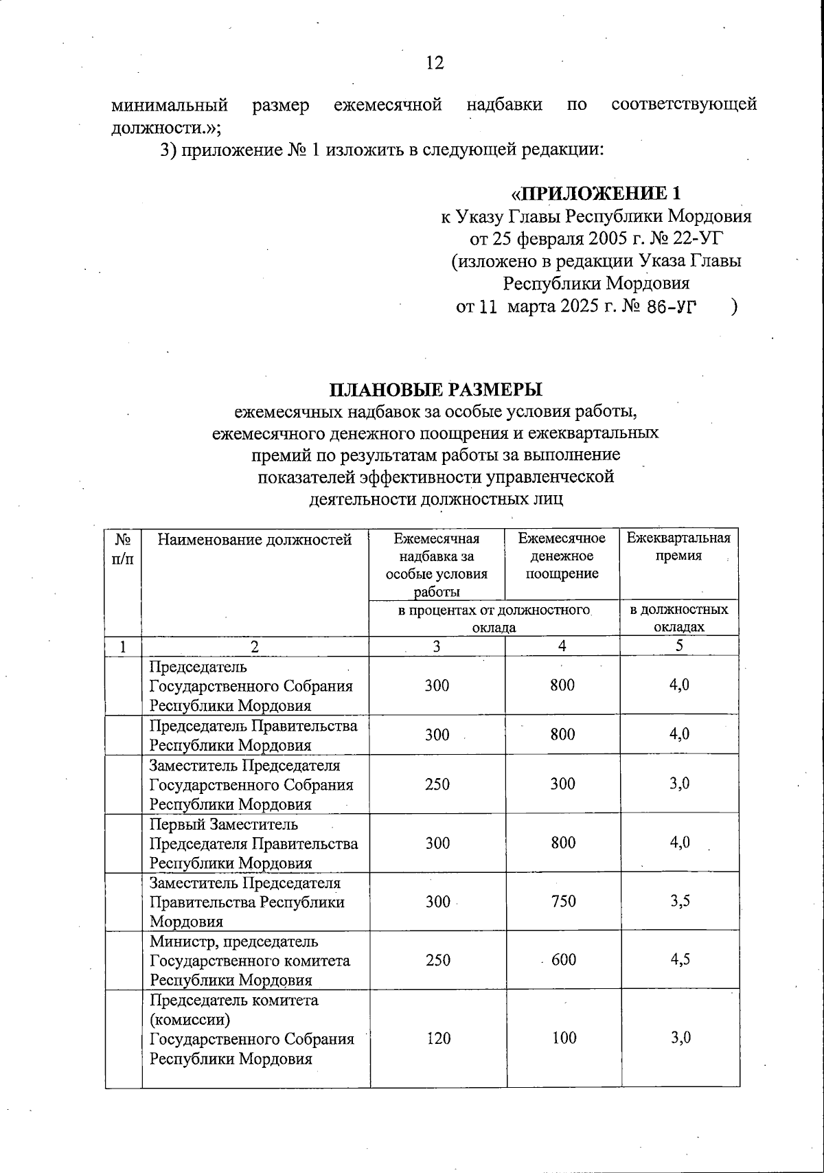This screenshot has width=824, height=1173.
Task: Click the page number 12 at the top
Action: click(435, 63)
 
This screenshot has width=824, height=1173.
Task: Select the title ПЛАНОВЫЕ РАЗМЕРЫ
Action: click(435, 389)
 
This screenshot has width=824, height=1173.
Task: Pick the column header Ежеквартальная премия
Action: click(678, 547)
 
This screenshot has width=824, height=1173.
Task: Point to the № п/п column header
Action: click(123, 548)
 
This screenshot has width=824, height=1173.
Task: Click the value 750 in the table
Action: click(563, 902)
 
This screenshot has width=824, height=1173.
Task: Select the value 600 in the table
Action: click(563, 960)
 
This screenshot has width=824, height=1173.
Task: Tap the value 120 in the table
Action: click(438, 1038)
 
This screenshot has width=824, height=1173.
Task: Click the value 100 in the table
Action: click(564, 1038)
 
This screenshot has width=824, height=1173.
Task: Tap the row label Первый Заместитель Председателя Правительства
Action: click(253, 843)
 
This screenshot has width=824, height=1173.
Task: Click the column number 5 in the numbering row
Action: click(679, 646)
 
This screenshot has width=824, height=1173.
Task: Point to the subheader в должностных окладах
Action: click(679, 618)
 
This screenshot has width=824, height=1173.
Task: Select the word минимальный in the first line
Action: click(170, 105)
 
